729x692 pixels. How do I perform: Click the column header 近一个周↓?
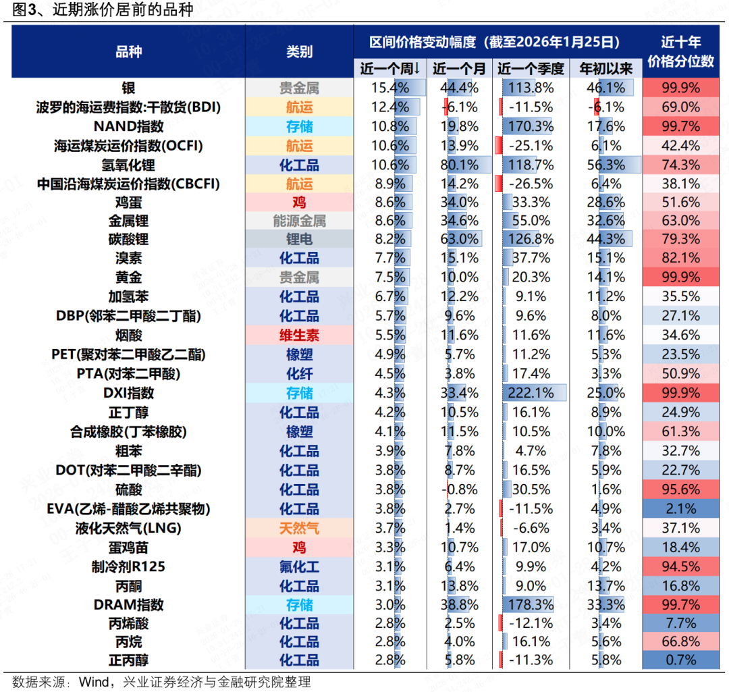(390, 68)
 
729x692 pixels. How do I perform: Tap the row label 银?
(128, 88)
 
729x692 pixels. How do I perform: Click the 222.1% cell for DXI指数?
(531, 393)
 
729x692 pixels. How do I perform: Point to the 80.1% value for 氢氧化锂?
(459, 165)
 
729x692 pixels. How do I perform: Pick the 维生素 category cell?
(299, 335)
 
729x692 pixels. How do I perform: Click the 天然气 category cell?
(299, 528)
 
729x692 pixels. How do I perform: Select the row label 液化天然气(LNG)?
(128, 528)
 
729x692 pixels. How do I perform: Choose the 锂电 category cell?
(299, 240)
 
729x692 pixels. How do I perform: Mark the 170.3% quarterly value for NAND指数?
(531, 126)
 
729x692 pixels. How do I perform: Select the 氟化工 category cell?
(299, 566)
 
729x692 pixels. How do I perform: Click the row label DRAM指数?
(128, 605)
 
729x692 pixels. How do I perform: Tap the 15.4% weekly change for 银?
(390, 88)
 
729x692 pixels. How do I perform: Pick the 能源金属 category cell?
(299, 221)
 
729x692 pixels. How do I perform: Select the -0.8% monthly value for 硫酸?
(459, 490)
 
